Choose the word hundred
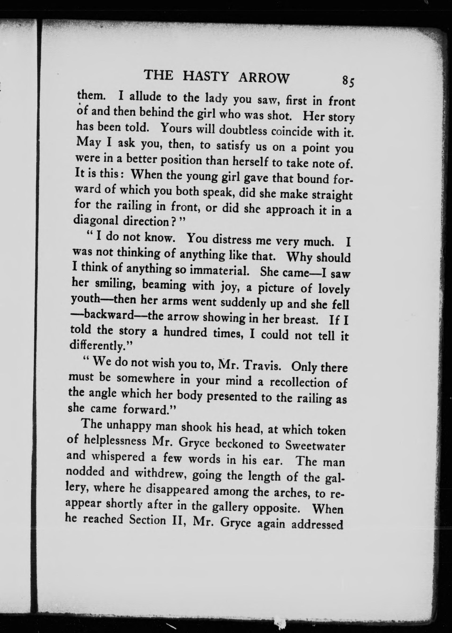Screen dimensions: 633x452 point(185,332)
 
